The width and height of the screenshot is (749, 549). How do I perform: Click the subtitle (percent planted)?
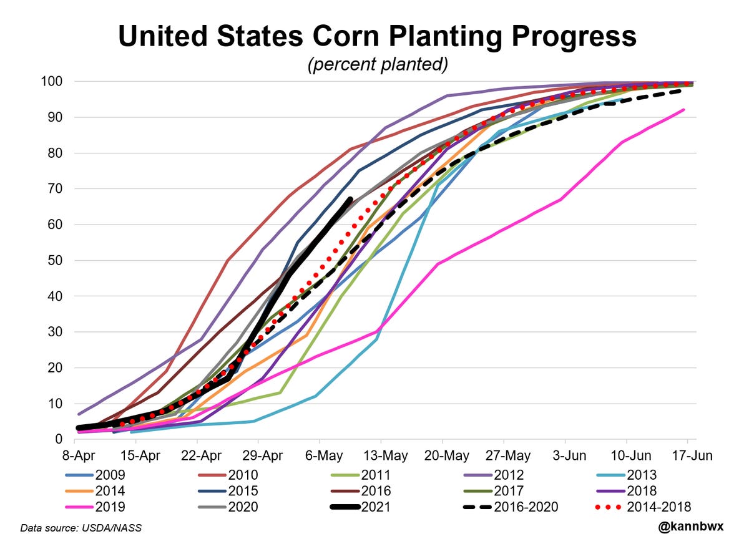pyautogui.click(x=377, y=65)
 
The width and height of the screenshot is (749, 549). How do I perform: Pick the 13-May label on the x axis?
pyautogui.click(x=381, y=455)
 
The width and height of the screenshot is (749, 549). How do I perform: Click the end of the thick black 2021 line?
pyautogui.click(x=350, y=200)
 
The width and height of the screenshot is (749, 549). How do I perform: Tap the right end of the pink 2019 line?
pyautogui.click(x=684, y=110)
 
